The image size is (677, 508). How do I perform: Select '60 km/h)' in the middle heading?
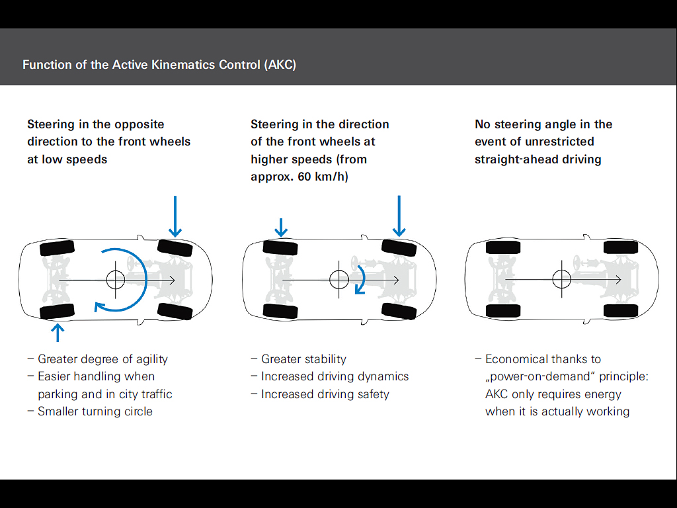(323, 177)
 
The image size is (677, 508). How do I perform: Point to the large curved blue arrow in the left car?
(146, 280)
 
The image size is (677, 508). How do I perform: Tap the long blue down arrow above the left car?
(175, 216)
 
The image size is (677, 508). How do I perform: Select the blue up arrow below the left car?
(58, 333)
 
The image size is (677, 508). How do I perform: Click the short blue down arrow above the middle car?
(281, 228)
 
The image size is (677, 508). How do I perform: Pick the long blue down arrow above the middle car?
(399, 216)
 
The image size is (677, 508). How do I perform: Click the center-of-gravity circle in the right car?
(562, 280)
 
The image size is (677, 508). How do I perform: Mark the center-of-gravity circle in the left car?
(115, 280)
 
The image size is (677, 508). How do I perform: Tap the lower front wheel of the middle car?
(399, 311)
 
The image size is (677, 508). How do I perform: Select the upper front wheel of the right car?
(620, 247)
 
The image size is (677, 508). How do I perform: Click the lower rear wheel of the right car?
(503, 311)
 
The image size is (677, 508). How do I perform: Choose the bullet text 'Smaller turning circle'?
(95, 411)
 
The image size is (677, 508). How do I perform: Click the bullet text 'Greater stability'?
(303, 359)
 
